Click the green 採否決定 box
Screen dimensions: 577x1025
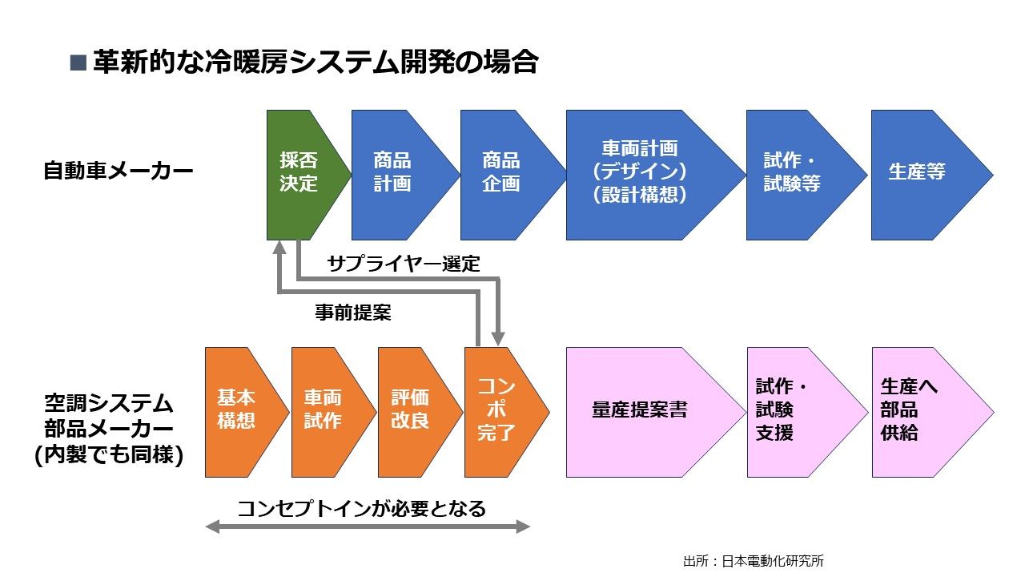300,174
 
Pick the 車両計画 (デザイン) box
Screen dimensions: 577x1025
640,174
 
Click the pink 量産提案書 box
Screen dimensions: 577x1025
640,411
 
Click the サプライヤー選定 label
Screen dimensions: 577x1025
404,264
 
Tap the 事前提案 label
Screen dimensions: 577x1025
353,313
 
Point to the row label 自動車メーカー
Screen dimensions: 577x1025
119,172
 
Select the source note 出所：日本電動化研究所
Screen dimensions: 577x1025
753,561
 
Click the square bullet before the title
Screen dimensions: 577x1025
78,63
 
